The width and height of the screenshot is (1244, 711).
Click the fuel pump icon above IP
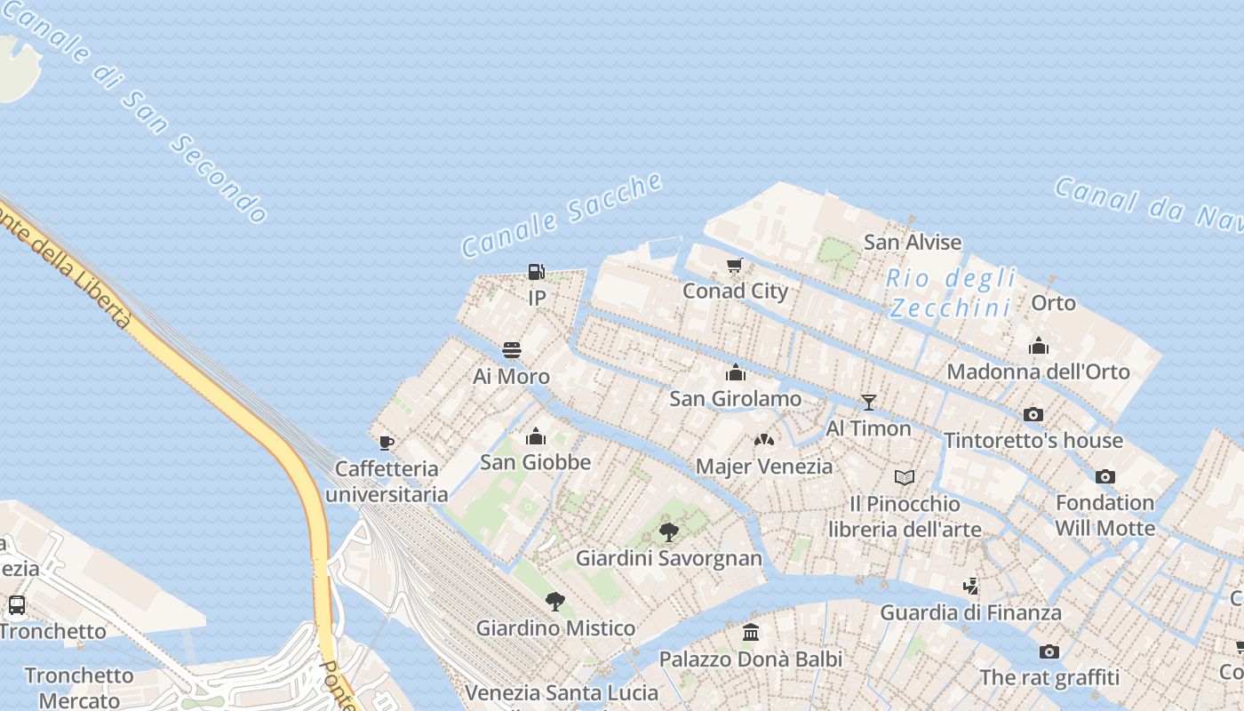click(536, 272)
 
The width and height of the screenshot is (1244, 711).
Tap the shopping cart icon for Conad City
click(734, 266)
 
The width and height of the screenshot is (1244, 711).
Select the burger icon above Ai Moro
click(512, 350)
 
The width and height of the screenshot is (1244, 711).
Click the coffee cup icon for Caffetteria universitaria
click(386, 442)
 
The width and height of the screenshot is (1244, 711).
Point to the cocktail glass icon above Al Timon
click(869, 403)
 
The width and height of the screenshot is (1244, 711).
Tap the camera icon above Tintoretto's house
click(1033, 414)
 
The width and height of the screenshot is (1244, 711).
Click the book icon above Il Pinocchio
click(905, 478)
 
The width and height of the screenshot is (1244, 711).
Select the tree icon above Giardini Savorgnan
click(669, 532)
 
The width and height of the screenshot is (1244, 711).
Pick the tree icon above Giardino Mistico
click(555, 602)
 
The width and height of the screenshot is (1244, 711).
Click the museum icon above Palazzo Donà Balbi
click(751, 633)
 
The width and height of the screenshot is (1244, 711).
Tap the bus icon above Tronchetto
click(16, 605)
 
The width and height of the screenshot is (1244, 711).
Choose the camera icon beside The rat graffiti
click(1049, 652)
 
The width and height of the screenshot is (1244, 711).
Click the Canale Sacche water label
click(562, 216)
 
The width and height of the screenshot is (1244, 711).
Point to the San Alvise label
click(913, 242)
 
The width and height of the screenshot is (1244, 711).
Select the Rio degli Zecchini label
click(951, 293)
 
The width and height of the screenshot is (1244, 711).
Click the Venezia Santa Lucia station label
click(562, 692)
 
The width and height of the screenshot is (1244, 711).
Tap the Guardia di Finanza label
click(970, 612)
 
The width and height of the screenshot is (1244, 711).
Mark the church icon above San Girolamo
click(736, 372)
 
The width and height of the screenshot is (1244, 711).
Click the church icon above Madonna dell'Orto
click(1038, 345)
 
